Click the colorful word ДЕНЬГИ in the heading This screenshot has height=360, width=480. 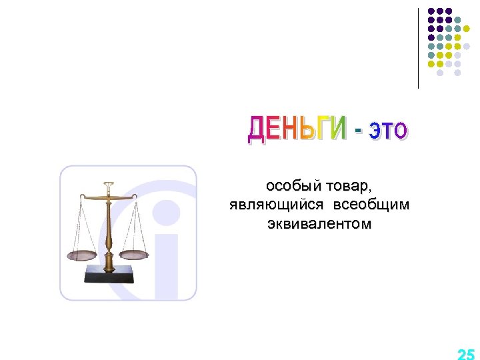297,129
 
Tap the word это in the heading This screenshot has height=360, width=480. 387,131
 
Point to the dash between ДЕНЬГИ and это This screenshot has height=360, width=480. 359,131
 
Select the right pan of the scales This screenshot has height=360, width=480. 135,253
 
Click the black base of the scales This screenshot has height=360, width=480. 109,273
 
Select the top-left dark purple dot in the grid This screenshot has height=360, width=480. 431,11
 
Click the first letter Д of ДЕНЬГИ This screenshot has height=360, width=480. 257,129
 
